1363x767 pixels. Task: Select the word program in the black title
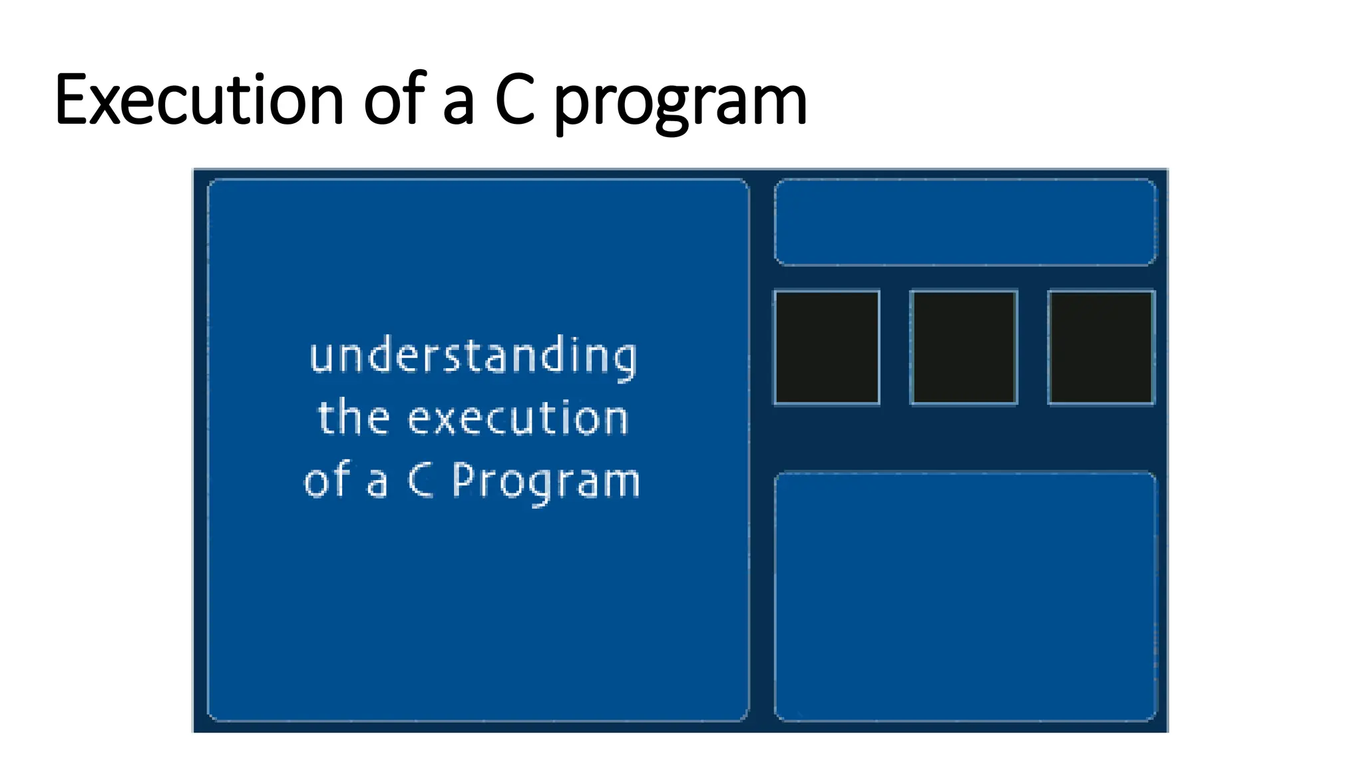pyautogui.click(x=680, y=103)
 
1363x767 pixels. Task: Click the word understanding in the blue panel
pyautogui.click(x=473, y=356)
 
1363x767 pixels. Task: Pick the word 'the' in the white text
pyautogui.click(x=353, y=417)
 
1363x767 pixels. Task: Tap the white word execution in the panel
pyautogui.click(x=518, y=419)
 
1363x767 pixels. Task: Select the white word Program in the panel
pyautogui.click(x=546, y=481)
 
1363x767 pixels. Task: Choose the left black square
pyautogui.click(x=827, y=347)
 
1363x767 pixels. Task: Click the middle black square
pyautogui.click(x=964, y=347)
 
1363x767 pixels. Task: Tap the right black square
pyautogui.click(x=1101, y=347)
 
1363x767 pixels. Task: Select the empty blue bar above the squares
pyautogui.click(x=965, y=222)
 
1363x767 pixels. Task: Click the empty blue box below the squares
pyautogui.click(x=965, y=596)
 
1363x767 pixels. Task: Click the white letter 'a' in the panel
pyautogui.click(x=377, y=482)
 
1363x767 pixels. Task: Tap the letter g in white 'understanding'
pyautogui.click(x=624, y=360)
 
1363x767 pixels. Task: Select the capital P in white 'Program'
pyautogui.click(x=464, y=479)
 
